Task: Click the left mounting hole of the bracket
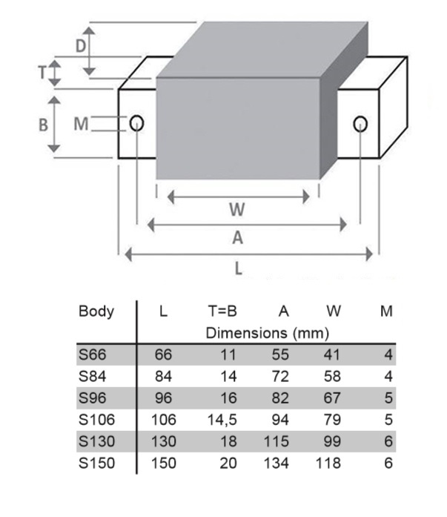coord(136,122)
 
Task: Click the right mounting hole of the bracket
coord(360,123)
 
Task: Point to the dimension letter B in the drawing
coord(43,125)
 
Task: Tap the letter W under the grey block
coord(237,210)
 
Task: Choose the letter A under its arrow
coord(237,237)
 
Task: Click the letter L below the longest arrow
coord(239,269)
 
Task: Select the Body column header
coord(96,312)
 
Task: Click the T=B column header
coord(222,312)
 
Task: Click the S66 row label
coord(92,354)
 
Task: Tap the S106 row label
coord(96,421)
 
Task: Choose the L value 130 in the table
coord(165,442)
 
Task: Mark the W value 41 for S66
coord(332,354)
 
